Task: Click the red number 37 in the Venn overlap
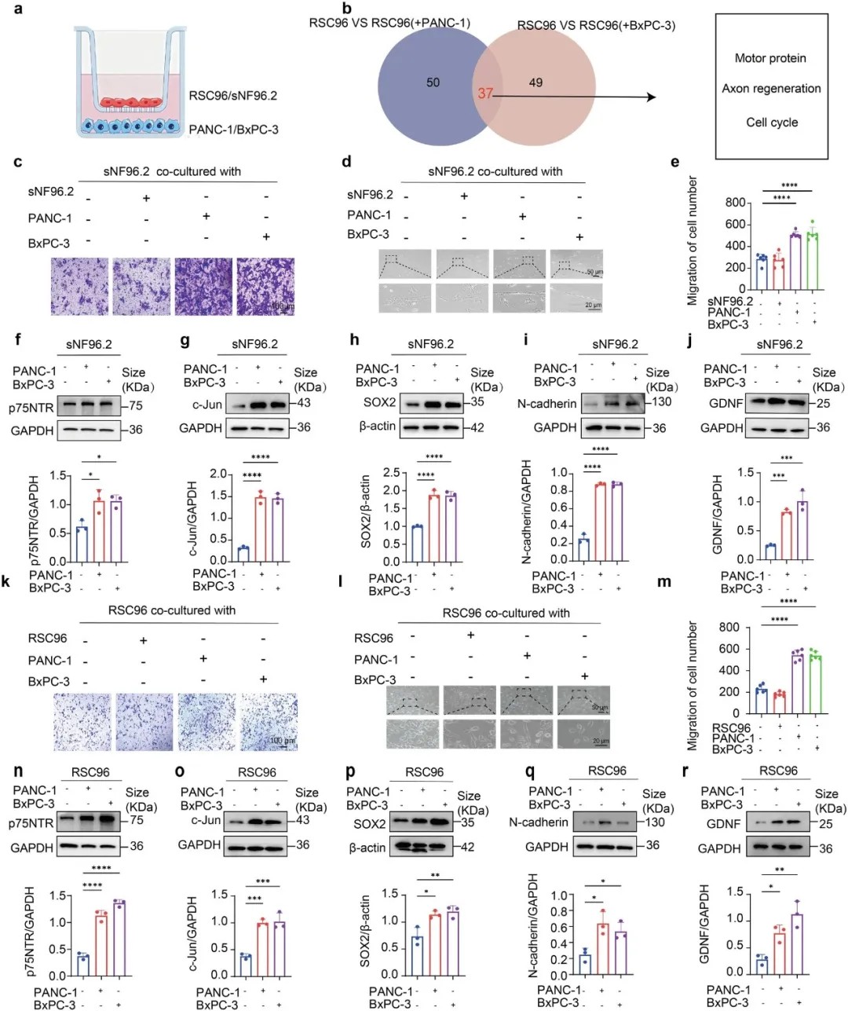coord(485,93)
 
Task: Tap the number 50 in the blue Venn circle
coord(433,82)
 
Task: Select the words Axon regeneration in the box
coord(771,89)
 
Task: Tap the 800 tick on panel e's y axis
coord(734,203)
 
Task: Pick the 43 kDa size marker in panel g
coord(303,403)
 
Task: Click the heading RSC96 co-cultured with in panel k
coord(171,610)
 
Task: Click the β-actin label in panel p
coord(367,848)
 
